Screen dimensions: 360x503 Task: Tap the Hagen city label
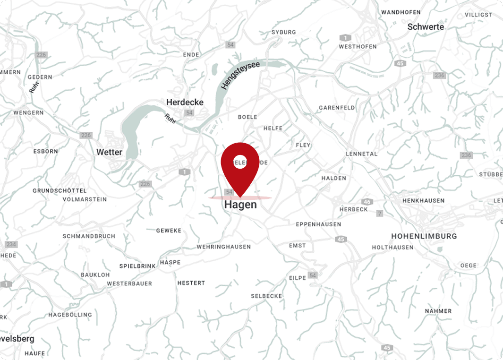click(240, 205)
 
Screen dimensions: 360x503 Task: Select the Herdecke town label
click(185, 102)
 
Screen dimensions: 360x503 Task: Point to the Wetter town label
click(109, 152)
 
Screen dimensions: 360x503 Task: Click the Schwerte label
click(426, 27)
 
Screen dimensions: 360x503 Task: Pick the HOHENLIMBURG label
click(424, 236)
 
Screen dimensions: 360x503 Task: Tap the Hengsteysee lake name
click(240, 75)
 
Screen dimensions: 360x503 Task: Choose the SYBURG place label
click(283, 32)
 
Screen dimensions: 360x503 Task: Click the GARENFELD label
click(337, 108)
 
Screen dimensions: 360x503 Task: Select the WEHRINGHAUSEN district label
click(223, 247)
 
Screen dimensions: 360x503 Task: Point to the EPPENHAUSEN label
click(318, 224)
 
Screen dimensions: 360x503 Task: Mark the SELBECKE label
click(266, 296)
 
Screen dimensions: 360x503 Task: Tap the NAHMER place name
click(438, 311)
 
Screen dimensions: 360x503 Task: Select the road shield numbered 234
click(10, 244)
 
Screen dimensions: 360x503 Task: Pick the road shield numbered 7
click(380, 214)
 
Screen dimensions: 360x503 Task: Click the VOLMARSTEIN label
click(85, 199)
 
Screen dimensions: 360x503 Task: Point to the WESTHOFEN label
click(358, 46)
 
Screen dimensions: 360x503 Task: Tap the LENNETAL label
click(361, 154)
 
